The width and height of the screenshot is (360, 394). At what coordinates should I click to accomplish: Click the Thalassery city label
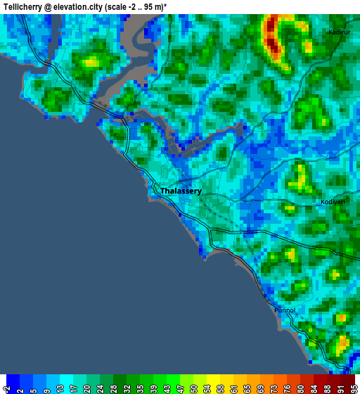(x=181, y=191)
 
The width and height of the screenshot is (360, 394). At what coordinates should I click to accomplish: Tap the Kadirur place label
(x=339, y=32)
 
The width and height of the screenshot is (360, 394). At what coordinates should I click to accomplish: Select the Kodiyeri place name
(x=333, y=201)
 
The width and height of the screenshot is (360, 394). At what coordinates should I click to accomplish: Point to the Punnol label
(x=285, y=310)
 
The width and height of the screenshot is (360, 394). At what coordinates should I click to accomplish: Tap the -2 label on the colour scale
(x=8, y=386)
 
